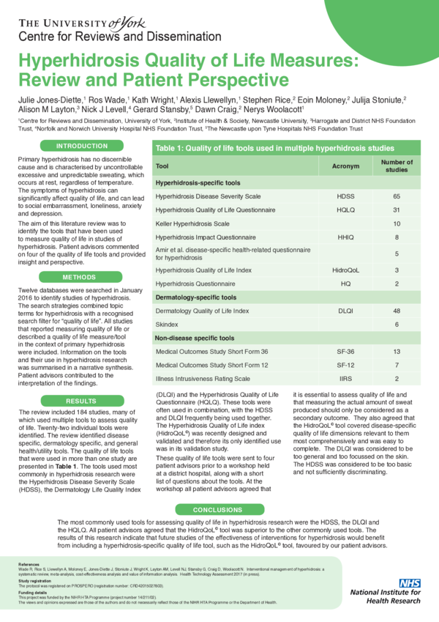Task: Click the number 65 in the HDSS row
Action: coord(397,196)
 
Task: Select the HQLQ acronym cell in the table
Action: coord(345,210)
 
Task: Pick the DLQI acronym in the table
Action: coord(345,311)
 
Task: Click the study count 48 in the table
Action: coord(397,311)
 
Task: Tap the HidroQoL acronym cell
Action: coord(345,270)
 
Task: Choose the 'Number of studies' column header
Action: coord(397,166)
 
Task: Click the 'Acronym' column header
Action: coord(345,166)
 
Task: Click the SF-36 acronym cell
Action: coord(345,352)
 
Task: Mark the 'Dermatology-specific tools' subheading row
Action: coord(196,298)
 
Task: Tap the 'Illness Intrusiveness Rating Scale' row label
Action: coord(203,379)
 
